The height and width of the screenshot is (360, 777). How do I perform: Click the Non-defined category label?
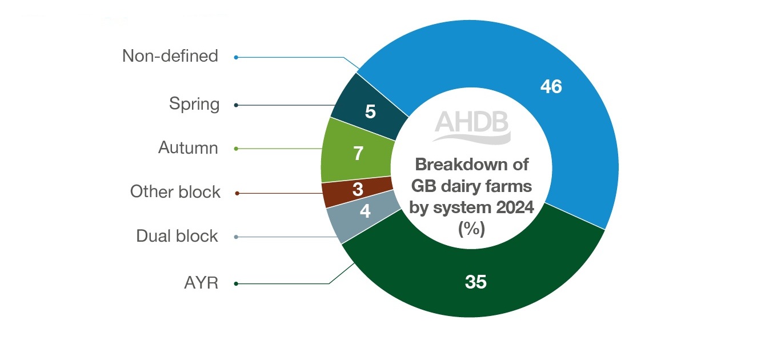pyautogui.click(x=170, y=56)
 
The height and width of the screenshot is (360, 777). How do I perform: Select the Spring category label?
pyautogui.click(x=194, y=105)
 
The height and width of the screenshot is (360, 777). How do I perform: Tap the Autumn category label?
pyautogui.click(x=188, y=148)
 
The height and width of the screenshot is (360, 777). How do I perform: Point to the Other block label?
pyautogui.click(x=175, y=192)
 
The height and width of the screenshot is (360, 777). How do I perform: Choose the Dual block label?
pyautogui.click(x=177, y=236)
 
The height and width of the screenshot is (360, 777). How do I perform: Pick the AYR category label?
pyautogui.click(x=201, y=283)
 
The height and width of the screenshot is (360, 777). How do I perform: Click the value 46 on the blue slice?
pyautogui.click(x=551, y=86)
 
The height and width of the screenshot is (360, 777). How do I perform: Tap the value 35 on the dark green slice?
pyautogui.click(x=475, y=282)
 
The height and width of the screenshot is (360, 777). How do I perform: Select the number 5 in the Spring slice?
pyautogui.click(x=370, y=111)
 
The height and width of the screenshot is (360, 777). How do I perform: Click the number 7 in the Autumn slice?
pyautogui.click(x=358, y=154)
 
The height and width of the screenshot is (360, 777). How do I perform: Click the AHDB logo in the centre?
pyautogui.click(x=472, y=126)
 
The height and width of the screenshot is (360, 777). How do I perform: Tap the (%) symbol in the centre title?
pyautogui.click(x=472, y=230)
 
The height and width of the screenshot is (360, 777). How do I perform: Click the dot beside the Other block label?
pyautogui.click(x=237, y=193)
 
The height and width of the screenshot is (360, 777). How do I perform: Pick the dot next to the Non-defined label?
pyautogui.click(x=236, y=57)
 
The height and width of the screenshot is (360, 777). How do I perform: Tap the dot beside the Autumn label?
pyautogui.click(x=236, y=149)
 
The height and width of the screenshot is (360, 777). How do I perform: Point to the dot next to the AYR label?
pyautogui.click(x=236, y=283)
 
